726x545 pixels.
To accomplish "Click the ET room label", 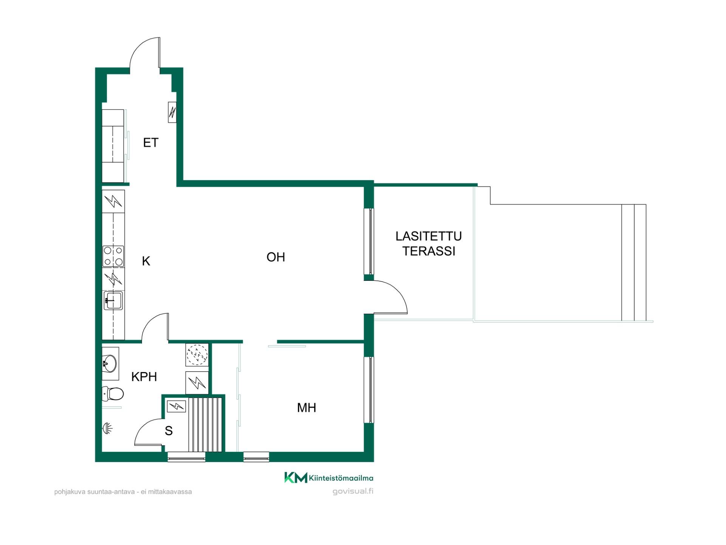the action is [150, 142].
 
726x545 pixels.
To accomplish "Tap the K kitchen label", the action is [146, 261].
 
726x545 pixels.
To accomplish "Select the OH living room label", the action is [276, 257].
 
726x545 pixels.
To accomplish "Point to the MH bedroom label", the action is [306, 408].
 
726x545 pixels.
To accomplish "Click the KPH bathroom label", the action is [144, 377].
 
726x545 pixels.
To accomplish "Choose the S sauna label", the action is [169, 431].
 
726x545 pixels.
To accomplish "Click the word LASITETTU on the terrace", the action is [428, 236].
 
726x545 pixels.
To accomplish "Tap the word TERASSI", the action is [429, 251].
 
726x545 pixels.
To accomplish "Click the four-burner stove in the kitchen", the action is [113, 256].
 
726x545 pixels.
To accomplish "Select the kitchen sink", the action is [113, 301].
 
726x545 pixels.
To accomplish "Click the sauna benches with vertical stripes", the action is [205, 424].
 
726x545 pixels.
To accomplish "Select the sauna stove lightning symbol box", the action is [176, 406].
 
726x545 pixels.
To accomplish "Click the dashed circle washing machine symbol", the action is [197, 354].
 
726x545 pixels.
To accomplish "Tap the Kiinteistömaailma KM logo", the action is [329, 478].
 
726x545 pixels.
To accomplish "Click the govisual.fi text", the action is [353, 491].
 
